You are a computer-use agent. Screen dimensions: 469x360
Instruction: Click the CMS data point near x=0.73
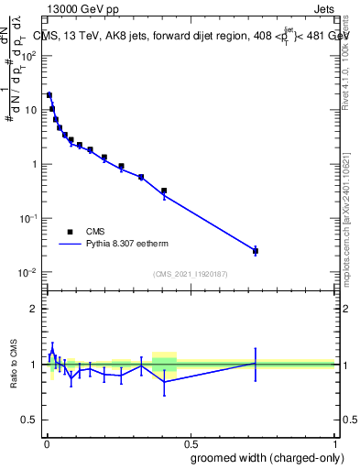coord(256,250)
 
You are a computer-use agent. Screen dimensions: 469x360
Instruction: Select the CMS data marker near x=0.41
coord(164,191)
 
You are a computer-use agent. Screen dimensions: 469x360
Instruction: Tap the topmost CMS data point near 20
coord(49,94)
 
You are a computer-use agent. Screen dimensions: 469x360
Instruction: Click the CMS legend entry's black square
coord(70,232)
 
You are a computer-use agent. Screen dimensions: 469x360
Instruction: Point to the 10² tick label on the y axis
coord(27,56)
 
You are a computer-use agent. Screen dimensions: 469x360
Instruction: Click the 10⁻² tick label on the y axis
coord(27,273)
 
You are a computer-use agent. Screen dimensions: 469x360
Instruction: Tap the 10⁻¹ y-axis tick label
coord(27,219)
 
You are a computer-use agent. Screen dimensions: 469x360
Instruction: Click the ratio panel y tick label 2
coord(33,309)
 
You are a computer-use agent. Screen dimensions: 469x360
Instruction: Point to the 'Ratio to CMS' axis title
coord(13,364)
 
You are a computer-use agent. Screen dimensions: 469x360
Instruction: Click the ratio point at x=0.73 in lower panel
coord(256,364)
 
